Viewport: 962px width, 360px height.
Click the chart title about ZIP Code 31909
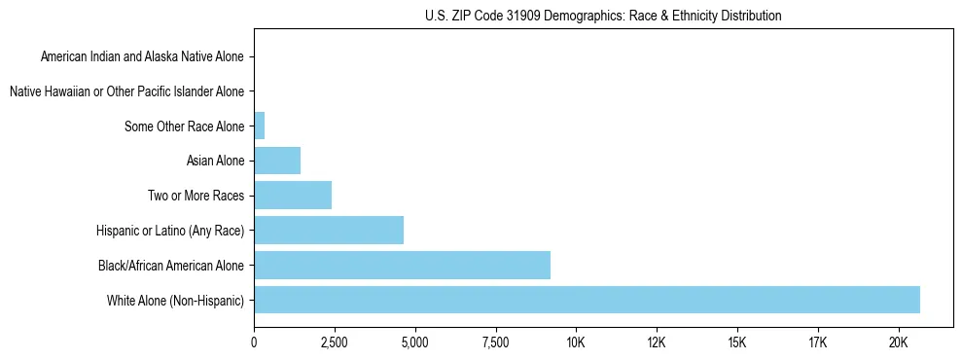click(603, 16)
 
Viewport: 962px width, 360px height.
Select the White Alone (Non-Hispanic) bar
click(587, 300)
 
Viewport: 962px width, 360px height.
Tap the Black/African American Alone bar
click(402, 265)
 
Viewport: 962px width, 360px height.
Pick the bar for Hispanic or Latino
click(329, 231)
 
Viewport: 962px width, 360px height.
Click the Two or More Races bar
click(293, 196)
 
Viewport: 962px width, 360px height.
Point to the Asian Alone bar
click(277, 161)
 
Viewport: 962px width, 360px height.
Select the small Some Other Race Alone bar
click(260, 126)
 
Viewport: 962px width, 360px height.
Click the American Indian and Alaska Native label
click(143, 56)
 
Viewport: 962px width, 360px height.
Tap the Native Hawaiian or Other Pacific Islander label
click(126, 91)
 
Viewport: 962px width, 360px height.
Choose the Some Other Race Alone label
click(185, 126)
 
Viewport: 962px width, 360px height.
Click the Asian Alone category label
click(216, 161)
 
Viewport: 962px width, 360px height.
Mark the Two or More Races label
click(196, 196)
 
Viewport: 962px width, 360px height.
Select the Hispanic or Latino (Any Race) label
click(171, 231)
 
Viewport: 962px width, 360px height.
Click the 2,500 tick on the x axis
click(335, 342)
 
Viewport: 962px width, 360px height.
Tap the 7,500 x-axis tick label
click(495, 342)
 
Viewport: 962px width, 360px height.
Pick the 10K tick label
click(576, 342)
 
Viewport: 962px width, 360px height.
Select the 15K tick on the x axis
click(736, 342)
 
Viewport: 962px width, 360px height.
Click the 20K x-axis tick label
click(898, 342)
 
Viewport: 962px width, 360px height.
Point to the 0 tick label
click(254, 342)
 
